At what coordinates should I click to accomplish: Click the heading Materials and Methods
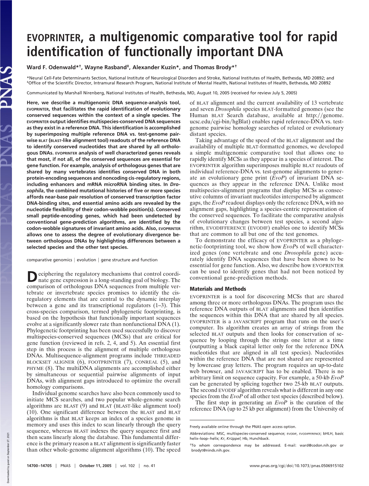(x=218, y=289)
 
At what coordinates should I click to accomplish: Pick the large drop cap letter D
(x=31, y=277)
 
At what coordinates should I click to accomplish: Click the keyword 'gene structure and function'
(x=129, y=260)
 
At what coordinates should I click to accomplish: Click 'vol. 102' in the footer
(x=128, y=466)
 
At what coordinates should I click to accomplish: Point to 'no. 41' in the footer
(x=149, y=466)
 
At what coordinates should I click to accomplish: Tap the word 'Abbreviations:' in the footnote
(x=202, y=434)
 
